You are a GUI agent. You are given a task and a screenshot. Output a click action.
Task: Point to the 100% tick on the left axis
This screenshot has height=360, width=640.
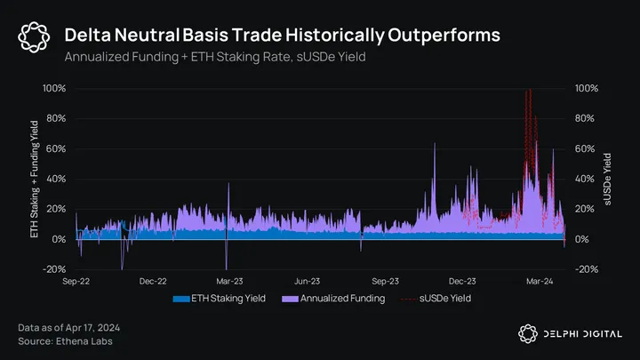54,89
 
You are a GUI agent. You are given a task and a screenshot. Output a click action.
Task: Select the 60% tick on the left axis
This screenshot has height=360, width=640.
56,149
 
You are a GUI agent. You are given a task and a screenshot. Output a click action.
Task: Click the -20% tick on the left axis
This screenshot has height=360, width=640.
55,269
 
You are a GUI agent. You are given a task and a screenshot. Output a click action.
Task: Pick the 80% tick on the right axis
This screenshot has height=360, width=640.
586,119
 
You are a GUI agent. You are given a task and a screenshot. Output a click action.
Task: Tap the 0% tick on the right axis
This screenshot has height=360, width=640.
583,239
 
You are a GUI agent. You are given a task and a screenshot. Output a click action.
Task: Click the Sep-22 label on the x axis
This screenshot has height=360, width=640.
75,281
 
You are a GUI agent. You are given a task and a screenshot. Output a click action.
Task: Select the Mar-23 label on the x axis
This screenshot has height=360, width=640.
228,281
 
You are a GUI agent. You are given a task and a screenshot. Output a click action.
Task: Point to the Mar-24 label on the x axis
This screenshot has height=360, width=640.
540,281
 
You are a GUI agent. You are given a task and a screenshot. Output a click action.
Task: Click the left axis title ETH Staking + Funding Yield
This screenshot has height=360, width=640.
36,180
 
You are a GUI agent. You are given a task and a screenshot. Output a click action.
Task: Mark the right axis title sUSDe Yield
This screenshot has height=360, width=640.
608,180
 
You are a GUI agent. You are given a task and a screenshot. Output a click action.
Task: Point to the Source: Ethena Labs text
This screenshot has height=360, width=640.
65,341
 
